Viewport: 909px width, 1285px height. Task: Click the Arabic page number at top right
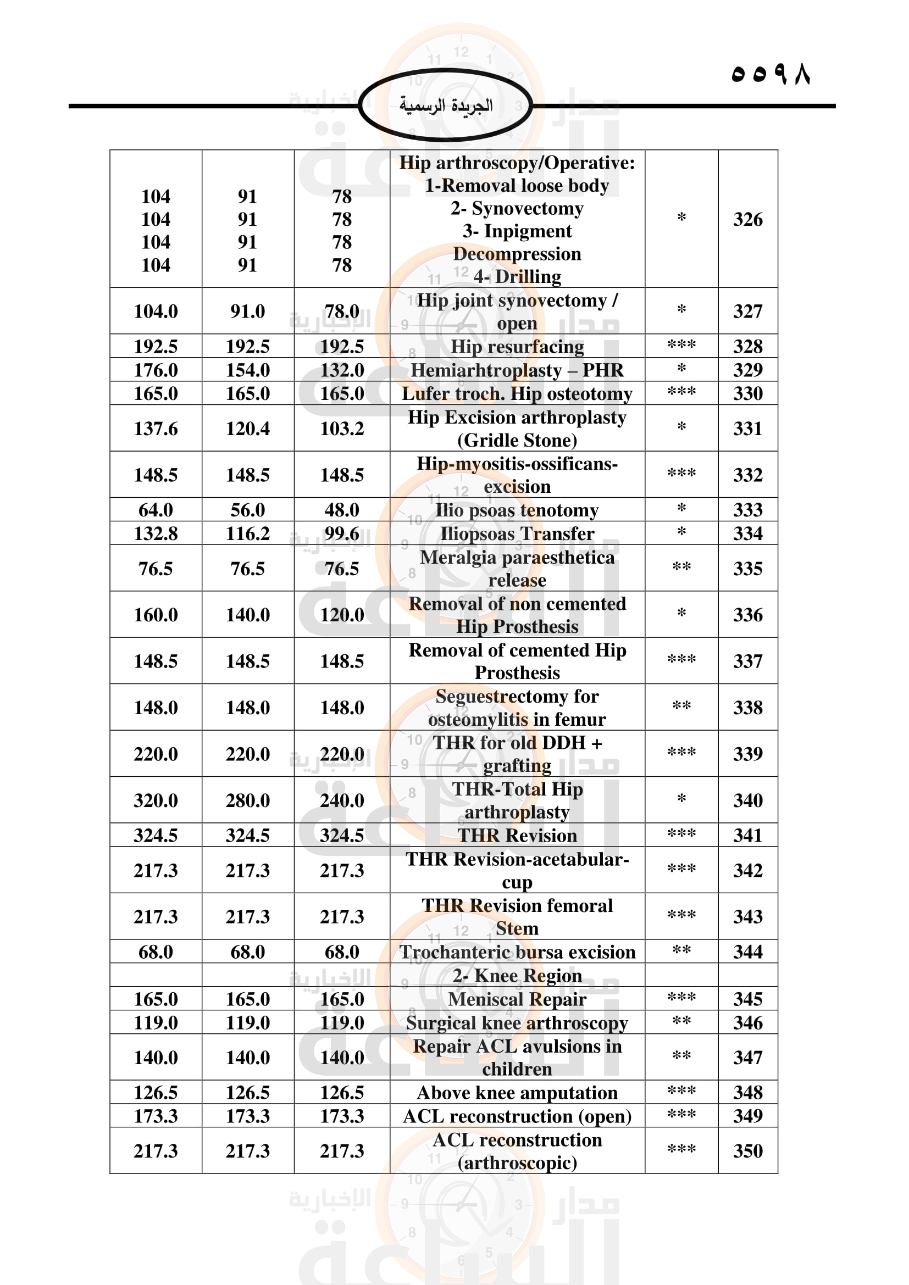[x=770, y=74]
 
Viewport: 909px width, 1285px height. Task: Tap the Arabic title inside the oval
[x=446, y=105]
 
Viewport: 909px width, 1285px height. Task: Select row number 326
[x=748, y=219]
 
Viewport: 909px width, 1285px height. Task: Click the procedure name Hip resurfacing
[x=517, y=347]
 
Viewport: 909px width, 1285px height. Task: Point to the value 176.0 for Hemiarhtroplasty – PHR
[x=156, y=370]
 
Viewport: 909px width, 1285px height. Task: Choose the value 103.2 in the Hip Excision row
[x=342, y=429]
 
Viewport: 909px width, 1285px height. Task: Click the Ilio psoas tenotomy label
[x=517, y=510]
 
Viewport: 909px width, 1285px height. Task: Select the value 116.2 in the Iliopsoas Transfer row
[x=247, y=534]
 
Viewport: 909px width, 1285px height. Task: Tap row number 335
[x=748, y=569]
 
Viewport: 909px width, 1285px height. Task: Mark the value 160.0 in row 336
[x=156, y=615]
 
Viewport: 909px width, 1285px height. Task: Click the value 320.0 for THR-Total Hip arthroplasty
[x=156, y=800]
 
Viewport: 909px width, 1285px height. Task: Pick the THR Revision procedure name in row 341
[x=517, y=836]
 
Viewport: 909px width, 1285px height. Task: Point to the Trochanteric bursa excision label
[x=517, y=952]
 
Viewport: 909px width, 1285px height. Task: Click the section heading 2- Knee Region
[x=517, y=976]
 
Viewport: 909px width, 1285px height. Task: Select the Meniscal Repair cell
[x=517, y=999]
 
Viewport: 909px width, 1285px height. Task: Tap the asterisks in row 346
[x=681, y=1021]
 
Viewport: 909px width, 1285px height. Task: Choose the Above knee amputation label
[x=517, y=1093]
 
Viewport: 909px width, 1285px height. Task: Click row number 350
[x=748, y=1151]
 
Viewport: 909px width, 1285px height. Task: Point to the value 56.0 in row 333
[x=247, y=510]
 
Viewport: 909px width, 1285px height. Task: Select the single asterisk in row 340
[x=681, y=799]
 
